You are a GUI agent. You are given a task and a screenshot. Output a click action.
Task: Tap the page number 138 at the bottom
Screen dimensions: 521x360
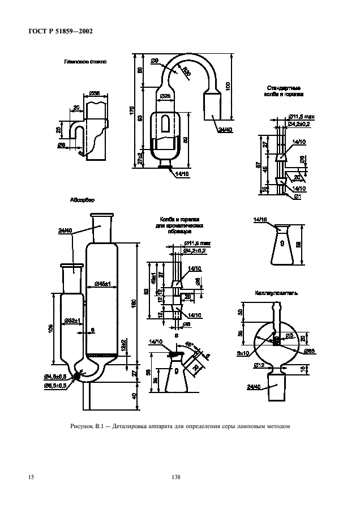175,477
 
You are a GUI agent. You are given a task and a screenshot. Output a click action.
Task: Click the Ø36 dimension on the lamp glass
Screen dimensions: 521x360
95,93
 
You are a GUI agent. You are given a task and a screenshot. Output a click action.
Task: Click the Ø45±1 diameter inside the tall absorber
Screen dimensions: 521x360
103,283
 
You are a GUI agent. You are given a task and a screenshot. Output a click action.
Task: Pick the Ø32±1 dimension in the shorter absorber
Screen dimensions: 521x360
71,321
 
